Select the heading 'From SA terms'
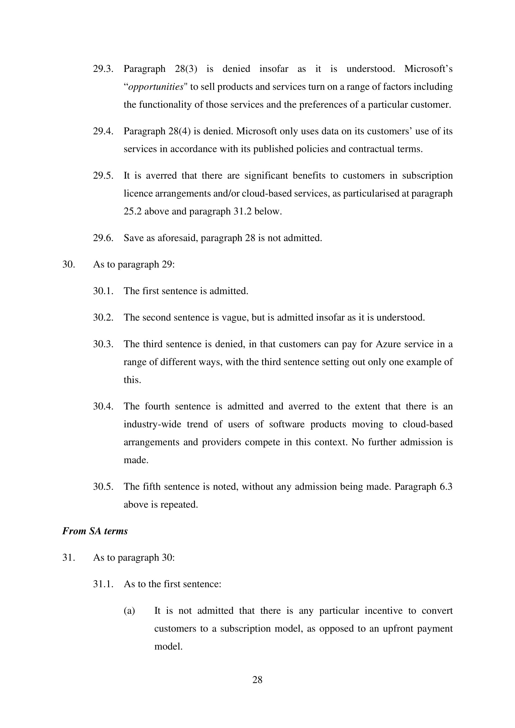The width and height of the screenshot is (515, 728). [x=95, y=531]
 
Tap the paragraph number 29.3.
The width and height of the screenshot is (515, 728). [x=103, y=69]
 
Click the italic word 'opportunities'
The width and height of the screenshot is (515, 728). [x=155, y=87]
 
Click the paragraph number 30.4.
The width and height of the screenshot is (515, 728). [x=103, y=406]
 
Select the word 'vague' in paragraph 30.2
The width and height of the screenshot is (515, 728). [x=235, y=317]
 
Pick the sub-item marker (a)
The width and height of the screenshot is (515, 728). [x=129, y=611]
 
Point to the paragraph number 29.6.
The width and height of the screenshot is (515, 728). [x=103, y=238]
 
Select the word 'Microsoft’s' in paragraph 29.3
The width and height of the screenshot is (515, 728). [x=428, y=69]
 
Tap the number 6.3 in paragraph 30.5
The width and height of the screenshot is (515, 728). [x=446, y=486]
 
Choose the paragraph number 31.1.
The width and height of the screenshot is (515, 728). [x=103, y=584]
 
